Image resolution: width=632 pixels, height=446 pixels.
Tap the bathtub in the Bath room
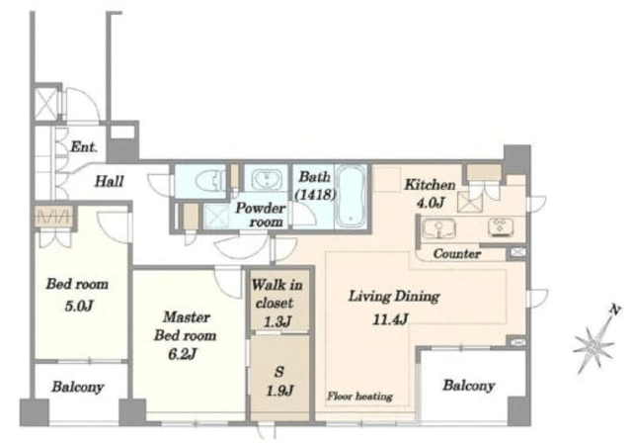[352, 197]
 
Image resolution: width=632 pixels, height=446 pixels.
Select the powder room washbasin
[267, 179]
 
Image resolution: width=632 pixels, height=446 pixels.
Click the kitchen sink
[438, 228]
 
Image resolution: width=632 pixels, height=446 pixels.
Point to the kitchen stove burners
[501, 226]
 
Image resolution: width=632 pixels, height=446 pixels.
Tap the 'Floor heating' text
[359, 397]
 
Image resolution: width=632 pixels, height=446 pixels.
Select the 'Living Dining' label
[394, 297]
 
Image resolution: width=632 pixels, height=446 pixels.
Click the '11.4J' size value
[390, 319]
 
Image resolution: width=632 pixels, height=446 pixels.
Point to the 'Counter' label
[457, 254]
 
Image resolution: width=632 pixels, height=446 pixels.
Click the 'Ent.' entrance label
[84, 147]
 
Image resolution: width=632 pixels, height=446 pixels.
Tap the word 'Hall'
[110, 181]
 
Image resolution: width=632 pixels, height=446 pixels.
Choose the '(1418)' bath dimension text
[315, 195]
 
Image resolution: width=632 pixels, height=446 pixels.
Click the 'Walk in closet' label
[276, 294]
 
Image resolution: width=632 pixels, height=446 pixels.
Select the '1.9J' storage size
[279, 391]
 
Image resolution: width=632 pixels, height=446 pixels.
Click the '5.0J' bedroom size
[79, 306]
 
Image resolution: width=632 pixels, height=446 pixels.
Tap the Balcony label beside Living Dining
[469, 386]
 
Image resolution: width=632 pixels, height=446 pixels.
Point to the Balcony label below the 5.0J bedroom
[78, 387]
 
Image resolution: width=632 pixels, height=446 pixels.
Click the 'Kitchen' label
[431, 185]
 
